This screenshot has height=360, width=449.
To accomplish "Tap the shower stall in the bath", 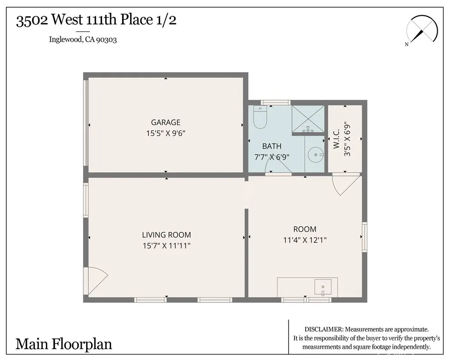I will coord(308,119).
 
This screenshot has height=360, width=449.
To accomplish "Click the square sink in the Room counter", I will coord(323,287).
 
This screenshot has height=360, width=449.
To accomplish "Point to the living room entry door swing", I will coord(96,280).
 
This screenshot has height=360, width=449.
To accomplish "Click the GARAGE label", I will coord(166,122).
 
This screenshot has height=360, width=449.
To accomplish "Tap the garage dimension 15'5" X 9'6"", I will coord(166,133).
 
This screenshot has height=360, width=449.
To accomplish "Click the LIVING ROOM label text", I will coord(166,235).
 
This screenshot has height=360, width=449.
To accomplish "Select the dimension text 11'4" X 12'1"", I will coord(305,240).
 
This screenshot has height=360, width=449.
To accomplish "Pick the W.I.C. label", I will coord(337,138).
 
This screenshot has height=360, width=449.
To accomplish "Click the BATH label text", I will coord(272,146).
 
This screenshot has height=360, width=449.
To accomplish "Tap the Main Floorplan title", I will coord(64,344).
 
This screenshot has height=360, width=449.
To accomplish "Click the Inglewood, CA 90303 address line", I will coord(83,39).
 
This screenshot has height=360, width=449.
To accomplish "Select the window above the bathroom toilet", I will coord(275,102).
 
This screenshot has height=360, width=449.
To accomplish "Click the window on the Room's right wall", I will coord(364,237).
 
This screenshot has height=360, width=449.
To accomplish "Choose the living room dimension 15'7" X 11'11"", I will coord(166,246).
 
